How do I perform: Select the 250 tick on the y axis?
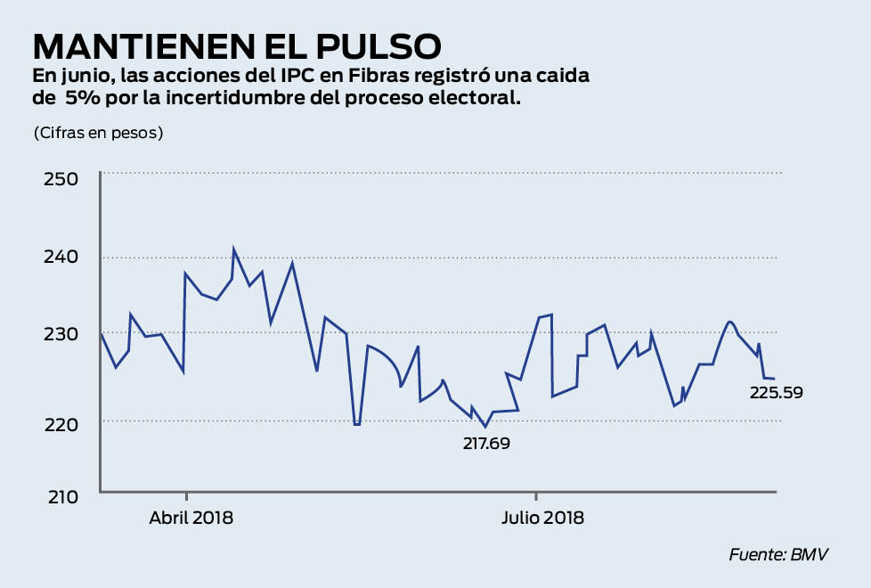[x=61, y=178]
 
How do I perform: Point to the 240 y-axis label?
[x=61, y=257]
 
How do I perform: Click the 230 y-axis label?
[x=61, y=333]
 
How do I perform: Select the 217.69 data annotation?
[x=486, y=443]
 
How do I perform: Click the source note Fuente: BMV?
[x=778, y=554]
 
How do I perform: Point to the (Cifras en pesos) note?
[x=98, y=133]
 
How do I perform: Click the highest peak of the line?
[x=233, y=249]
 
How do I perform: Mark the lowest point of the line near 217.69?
[x=485, y=426]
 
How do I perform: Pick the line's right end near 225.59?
[x=773, y=380]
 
